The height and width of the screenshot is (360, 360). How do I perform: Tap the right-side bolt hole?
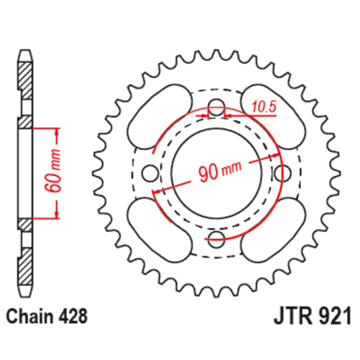(280, 173)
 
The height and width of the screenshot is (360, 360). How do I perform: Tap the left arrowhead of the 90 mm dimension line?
(159, 190)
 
